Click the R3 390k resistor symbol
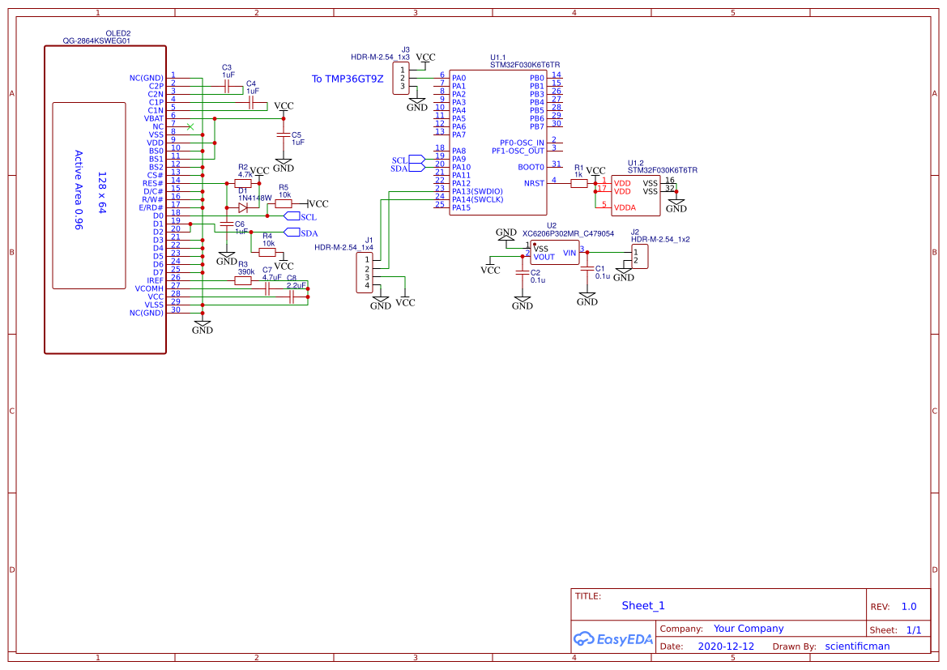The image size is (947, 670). [x=243, y=280]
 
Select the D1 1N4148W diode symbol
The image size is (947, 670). [x=243, y=207]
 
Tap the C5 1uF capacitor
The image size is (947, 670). [x=283, y=134]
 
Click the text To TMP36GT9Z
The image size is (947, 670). [x=348, y=79]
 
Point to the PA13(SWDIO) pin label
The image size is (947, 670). [x=478, y=191]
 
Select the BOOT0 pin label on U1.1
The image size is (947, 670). [x=531, y=167]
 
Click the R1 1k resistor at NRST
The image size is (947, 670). [x=578, y=184]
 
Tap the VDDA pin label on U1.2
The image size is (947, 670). [x=625, y=207]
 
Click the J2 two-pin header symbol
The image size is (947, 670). [x=640, y=257]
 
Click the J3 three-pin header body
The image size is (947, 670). [x=401, y=79]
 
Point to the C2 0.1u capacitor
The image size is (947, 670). [x=523, y=273]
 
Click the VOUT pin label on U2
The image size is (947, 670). [x=544, y=257]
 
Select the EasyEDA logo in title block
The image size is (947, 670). [x=613, y=638]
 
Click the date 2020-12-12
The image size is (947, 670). [x=726, y=647]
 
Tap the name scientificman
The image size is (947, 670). [x=857, y=647]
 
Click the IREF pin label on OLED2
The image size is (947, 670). [x=155, y=280]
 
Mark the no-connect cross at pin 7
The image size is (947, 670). [x=190, y=126]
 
